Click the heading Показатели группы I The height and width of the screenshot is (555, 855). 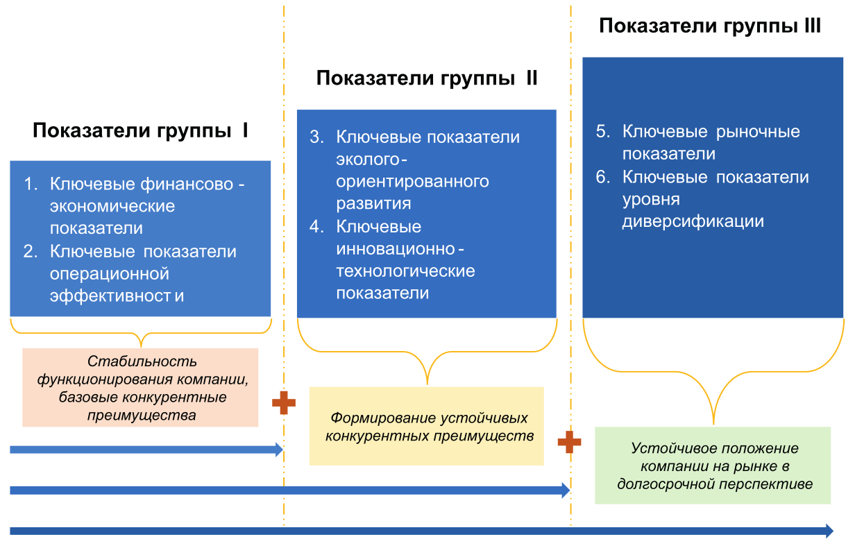pos(140,130)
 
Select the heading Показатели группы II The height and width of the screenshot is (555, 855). pos(427,78)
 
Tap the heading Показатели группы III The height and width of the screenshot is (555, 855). pos(710,26)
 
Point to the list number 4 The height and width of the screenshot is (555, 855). pos(316,227)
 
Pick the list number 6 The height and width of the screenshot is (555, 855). pos(602,178)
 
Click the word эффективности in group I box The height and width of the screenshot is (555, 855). pos(117,296)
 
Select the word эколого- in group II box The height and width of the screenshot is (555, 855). pos(372,160)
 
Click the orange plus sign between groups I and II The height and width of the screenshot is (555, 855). pos(283,402)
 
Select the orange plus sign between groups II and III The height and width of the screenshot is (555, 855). pos(569,442)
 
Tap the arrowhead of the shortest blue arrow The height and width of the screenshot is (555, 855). pos(279,450)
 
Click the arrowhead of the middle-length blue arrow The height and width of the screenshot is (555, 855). pos(565,490)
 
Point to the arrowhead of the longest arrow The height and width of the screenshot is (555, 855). pos(829,531)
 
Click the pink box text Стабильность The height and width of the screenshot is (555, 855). pos(142,361)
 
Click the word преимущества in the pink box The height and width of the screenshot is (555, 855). pos(142,416)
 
